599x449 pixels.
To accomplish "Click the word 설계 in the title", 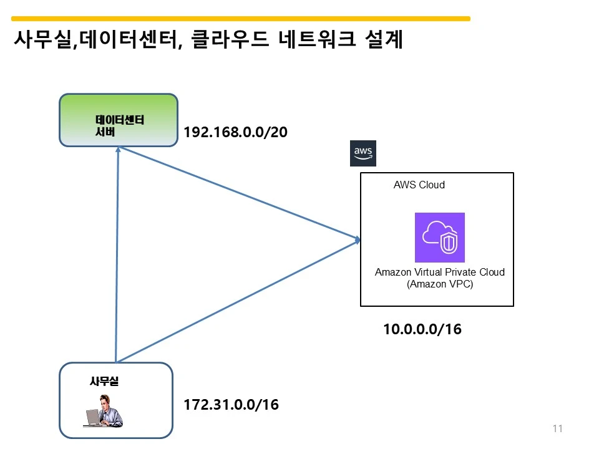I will tap(382, 41).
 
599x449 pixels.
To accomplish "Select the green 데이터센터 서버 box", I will tap(118, 120).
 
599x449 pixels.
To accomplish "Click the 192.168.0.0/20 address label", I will tap(235, 133).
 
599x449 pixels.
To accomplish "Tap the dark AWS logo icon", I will tap(363, 153).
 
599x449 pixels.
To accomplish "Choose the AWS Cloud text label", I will tap(419, 185).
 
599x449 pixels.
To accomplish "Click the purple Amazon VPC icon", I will tap(439, 238).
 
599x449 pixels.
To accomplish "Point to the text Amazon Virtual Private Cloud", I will tap(439, 273).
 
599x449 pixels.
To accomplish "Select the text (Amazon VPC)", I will tap(439, 284).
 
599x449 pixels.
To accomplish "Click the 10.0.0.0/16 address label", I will tap(422, 329).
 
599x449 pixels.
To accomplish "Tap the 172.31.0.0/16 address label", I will tap(231, 405).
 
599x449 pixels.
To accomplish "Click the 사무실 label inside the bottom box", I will tap(104, 381).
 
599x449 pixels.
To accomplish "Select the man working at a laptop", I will tap(104, 411).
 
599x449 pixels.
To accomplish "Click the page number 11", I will tap(557, 428).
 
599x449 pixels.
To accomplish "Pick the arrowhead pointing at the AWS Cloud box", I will tap(358, 239).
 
